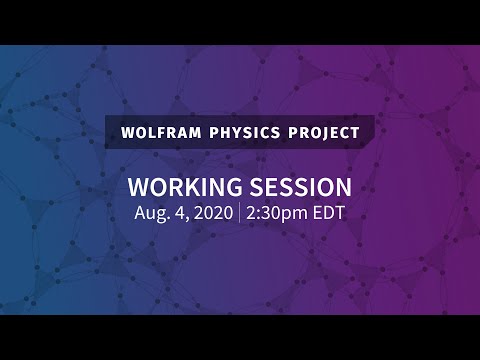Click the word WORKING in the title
pos(188,187)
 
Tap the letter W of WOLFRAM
pos(125,132)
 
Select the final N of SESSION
pos(339,187)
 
